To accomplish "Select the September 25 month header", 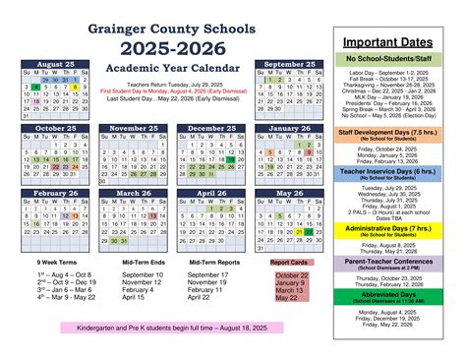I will pyautogui.click(x=290, y=64).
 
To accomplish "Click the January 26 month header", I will pyautogui.click(x=290, y=128).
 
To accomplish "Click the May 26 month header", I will pyautogui.click(x=290, y=193).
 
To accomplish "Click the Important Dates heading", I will pyautogui.click(x=398, y=42).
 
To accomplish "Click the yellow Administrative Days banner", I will pyautogui.click(x=398, y=229).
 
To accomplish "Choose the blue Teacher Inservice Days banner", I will pyautogui.click(x=398, y=173).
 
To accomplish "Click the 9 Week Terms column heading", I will pyautogui.click(x=60, y=262).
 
